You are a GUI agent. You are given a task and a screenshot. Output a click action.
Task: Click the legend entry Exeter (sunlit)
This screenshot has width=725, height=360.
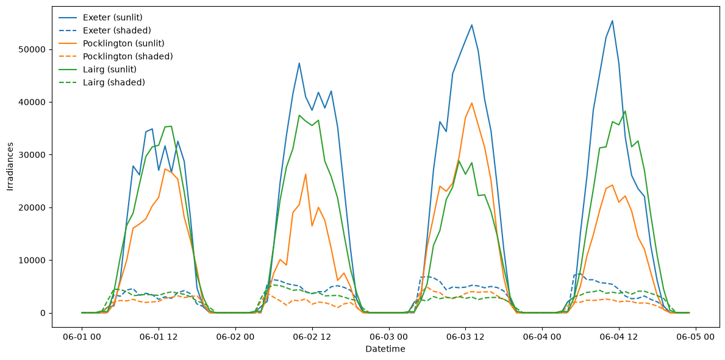(101, 18)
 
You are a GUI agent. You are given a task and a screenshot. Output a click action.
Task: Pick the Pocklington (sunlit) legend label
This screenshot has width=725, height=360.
(112, 43)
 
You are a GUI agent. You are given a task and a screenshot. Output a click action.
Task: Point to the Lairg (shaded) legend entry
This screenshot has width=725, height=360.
(99, 82)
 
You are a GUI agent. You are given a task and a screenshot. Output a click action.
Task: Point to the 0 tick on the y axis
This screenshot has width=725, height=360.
(43, 313)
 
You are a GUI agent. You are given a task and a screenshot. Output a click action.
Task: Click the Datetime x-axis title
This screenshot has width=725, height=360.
(385, 350)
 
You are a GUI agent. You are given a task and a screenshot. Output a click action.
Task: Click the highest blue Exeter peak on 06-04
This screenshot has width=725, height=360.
(612, 20)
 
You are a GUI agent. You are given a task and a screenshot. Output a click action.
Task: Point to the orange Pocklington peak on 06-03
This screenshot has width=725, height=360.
(471, 103)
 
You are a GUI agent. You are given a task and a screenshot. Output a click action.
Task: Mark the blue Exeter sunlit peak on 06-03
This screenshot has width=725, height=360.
(471, 24)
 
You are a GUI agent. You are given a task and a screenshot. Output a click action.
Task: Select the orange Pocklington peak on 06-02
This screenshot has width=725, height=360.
(305, 174)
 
